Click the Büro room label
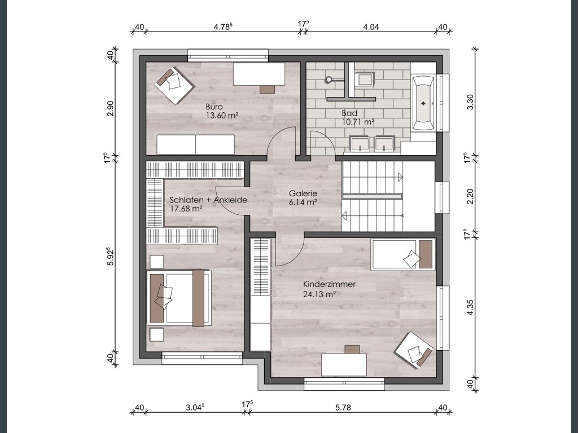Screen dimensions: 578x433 [214, 107]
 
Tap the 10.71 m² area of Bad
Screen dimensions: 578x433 [358, 122]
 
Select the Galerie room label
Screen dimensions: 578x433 [303, 193]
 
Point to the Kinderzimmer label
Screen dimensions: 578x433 [329, 284]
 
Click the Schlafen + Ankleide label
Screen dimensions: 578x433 [208, 200]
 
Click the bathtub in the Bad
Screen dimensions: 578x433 [423, 104]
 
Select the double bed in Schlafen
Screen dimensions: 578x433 [179, 298]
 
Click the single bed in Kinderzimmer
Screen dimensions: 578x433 [402, 254]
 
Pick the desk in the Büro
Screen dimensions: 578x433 [259, 74]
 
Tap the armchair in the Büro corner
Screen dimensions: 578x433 [174, 86]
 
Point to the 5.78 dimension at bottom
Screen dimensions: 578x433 [343, 407]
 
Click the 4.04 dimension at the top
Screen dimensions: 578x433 [371, 27]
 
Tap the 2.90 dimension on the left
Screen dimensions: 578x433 [110, 108]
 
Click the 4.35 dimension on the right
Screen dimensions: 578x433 [470, 307]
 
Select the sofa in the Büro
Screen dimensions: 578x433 [195, 144]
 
